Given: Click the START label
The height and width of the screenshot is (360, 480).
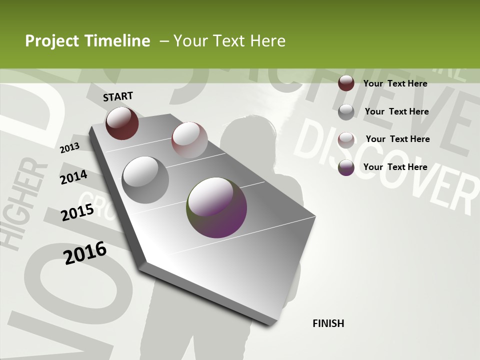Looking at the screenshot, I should tap(118, 96).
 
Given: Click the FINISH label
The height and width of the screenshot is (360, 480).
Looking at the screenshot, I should tap(328, 323).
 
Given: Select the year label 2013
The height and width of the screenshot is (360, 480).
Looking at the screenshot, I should tap(69, 147).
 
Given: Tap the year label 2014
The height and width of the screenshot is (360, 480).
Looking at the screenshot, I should tap(73, 177).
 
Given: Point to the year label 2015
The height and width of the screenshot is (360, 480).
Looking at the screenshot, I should tap(77, 212).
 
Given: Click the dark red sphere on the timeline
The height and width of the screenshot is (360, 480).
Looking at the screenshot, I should tap(122, 123).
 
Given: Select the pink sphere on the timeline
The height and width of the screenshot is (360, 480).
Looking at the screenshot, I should tap(189, 139).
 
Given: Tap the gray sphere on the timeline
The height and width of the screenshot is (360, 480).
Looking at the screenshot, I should tap(145, 179).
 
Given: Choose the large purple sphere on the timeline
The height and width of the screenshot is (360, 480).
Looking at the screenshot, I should tap(216, 207).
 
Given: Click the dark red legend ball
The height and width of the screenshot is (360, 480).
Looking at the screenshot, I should tap(346, 83).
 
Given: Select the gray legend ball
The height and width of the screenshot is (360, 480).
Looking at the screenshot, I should tap(346, 111).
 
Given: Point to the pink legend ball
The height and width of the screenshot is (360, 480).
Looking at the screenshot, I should tap(346, 139).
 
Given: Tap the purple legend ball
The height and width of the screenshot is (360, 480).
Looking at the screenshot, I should tap(346, 167).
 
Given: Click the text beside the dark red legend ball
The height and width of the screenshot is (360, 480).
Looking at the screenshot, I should tap(395, 83).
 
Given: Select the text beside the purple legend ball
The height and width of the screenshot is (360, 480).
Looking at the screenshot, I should tap(395, 167).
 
